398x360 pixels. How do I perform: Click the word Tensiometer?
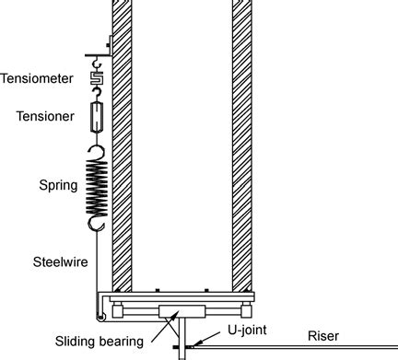37,78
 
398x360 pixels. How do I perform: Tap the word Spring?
44,184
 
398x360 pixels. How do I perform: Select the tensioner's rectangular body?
96,118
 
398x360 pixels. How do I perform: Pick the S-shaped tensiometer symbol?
96,79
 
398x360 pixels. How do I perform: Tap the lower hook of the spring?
96,224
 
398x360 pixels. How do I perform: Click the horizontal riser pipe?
295,347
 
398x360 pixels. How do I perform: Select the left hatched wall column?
123,138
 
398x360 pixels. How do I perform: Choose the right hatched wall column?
242,138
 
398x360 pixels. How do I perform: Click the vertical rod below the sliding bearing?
181,334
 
